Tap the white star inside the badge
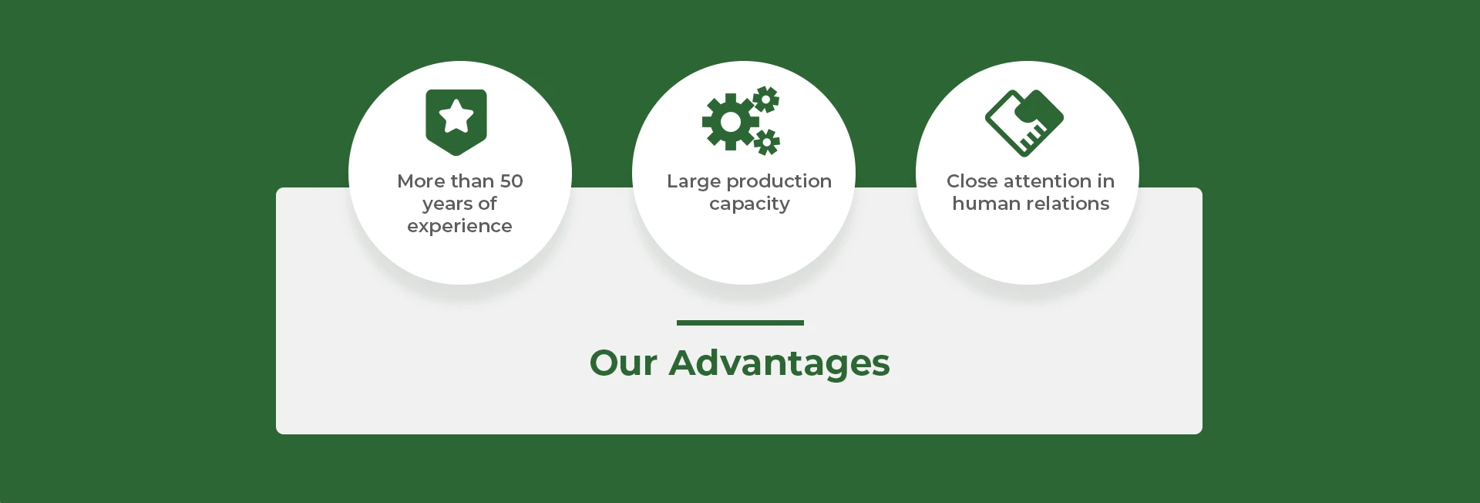pos(456,116)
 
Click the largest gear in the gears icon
pos(730,122)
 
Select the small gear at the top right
pos(766,100)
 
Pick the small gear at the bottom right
pos(766,142)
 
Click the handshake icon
pos(1024,123)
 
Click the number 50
pos(511,181)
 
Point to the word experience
pos(459,226)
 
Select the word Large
pos(694,182)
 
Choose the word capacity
pos(749,204)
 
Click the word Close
pos(972,181)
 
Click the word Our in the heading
pos(623,363)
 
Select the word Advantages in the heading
pos(779,363)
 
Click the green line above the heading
pos(740,322)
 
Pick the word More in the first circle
pos(421,181)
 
